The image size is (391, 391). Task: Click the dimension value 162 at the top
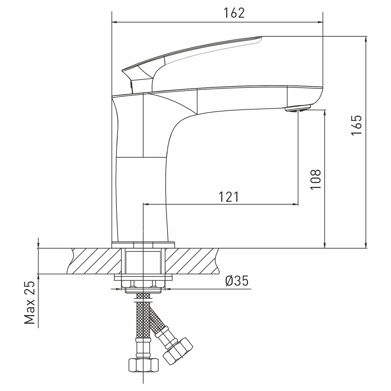tap(234, 13)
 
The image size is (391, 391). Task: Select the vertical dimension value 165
tap(357, 125)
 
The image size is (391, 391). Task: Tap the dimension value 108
tap(316, 180)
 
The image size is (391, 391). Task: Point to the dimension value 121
tap(228, 197)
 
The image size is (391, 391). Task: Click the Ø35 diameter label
tap(237, 281)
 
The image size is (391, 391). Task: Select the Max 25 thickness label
tap(30, 303)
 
